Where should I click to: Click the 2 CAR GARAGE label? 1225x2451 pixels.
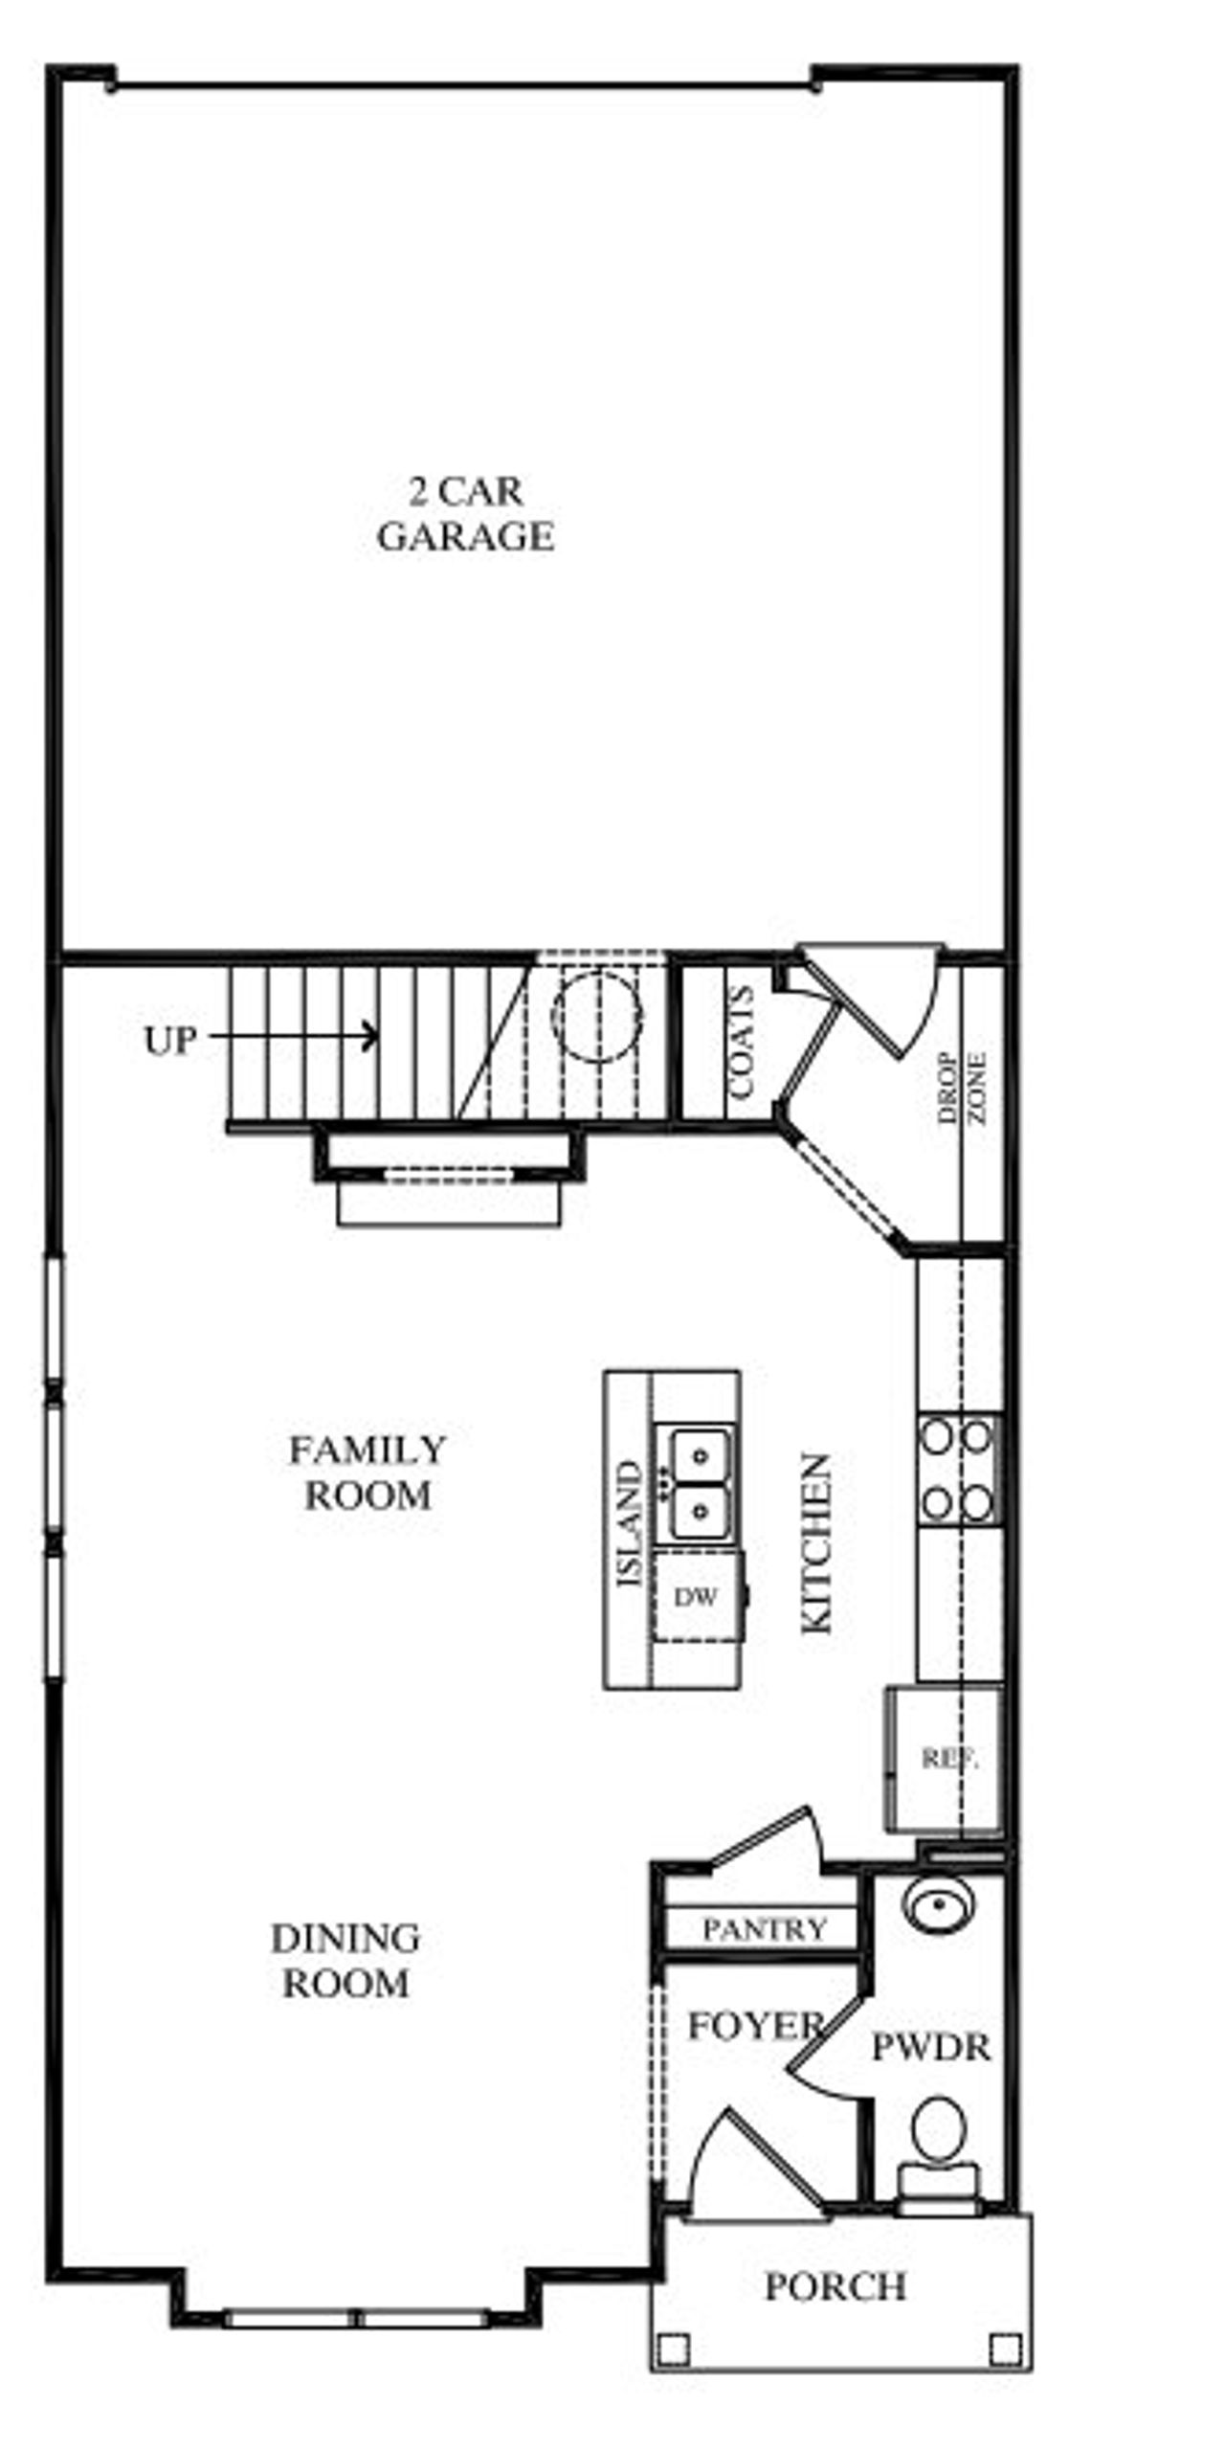[465, 514]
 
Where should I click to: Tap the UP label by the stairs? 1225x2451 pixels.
[170, 1041]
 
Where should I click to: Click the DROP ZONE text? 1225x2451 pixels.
[962, 1088]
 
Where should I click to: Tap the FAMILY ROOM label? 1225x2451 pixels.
[367, 1473]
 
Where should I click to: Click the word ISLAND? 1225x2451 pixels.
[629, 1523]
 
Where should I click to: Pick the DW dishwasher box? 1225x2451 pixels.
[696, 1596]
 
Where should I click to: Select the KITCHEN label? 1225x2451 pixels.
[816, 1543]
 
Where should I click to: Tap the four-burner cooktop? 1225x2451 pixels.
[958, 1471]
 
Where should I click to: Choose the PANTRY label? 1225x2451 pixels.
[764, 1929]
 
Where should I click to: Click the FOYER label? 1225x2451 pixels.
[754, 2026]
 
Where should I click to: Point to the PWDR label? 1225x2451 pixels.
[930, 2048]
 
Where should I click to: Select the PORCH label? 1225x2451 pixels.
[835, 2287]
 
